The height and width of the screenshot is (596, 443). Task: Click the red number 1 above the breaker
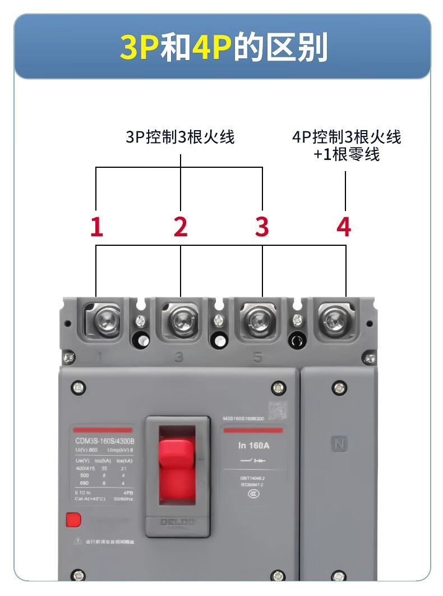97,227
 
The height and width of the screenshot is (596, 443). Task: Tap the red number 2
180,227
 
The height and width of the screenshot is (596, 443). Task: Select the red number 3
262,227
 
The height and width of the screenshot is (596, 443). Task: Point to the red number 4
344,227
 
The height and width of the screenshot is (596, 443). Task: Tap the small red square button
73,520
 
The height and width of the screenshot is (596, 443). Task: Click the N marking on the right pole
339,444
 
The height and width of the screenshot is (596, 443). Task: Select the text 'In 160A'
253,446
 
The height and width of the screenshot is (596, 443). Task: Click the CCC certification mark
253,494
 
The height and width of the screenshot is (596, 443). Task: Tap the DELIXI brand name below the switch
177,522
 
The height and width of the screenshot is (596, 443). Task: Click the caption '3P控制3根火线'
180,137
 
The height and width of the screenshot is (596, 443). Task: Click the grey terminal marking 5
258,357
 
